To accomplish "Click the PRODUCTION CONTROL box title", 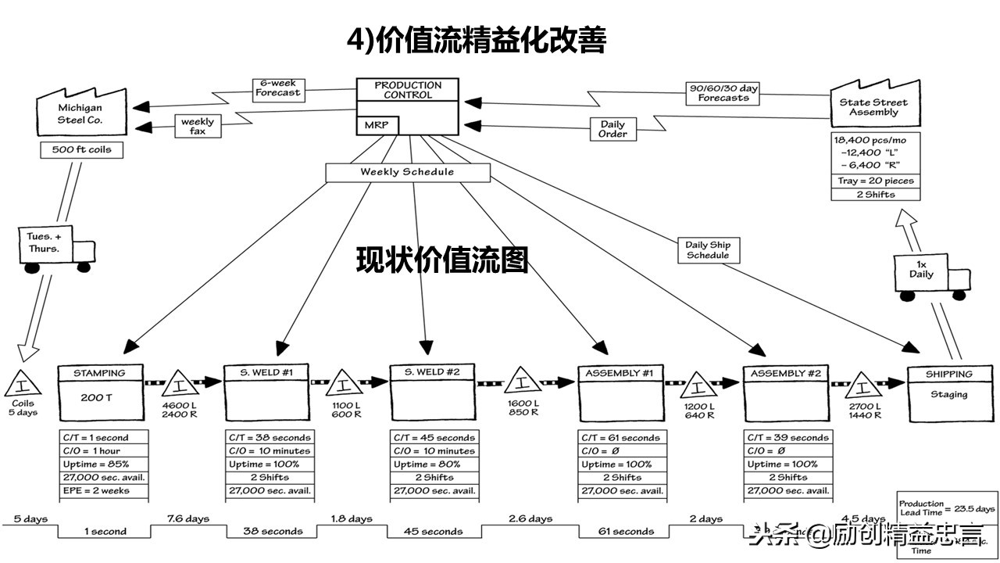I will (x=407, y=90).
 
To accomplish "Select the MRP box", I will (x=377, y=125).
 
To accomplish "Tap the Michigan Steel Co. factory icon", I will (x=80, y=113).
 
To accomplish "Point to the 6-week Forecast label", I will (x=277, y=88).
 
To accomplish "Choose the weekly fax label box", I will (x=197, y=126).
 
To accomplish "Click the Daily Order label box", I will (x=612, y=129).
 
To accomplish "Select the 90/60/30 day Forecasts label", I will (x=723, y=93).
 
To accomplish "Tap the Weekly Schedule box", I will (x=407, y=172).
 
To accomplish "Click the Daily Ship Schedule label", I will (x=708, y=250).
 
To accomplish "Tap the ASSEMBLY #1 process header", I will (x=619, y=373).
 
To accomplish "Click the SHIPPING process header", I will (x=948, y=374).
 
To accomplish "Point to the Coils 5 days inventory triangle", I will (x=23, y=385).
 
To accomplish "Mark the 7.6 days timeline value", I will (x=187, y=518).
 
